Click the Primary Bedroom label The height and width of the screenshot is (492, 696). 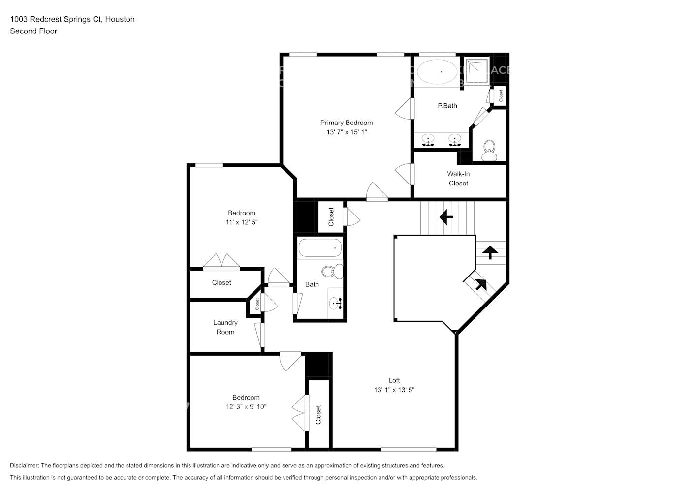tap(346, 123)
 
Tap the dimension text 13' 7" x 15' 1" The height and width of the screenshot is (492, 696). tap(346, 132)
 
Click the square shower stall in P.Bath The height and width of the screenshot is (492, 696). tap(476, 70)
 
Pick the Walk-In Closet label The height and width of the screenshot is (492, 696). tap(458, 178)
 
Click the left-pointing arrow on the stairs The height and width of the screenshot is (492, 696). tap(446, 216)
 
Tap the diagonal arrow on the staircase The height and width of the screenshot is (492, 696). tap(480, 284)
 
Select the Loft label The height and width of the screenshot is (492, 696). tap(394, 380)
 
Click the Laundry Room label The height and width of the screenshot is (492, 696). tap(225, 327)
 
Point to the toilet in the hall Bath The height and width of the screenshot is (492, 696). tap(332, 271)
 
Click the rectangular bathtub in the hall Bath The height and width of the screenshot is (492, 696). tap(320, 248)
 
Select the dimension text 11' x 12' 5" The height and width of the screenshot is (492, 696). tap(241, 222)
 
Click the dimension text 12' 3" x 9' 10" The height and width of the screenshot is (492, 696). tap(246, 407)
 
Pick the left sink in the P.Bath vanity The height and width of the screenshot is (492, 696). tap(428, 139)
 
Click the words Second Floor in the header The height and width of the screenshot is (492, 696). tap(33, 31)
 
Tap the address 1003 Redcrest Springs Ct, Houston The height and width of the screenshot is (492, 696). tap(72, 19)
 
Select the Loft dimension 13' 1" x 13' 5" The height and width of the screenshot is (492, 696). tap(394, 390)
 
